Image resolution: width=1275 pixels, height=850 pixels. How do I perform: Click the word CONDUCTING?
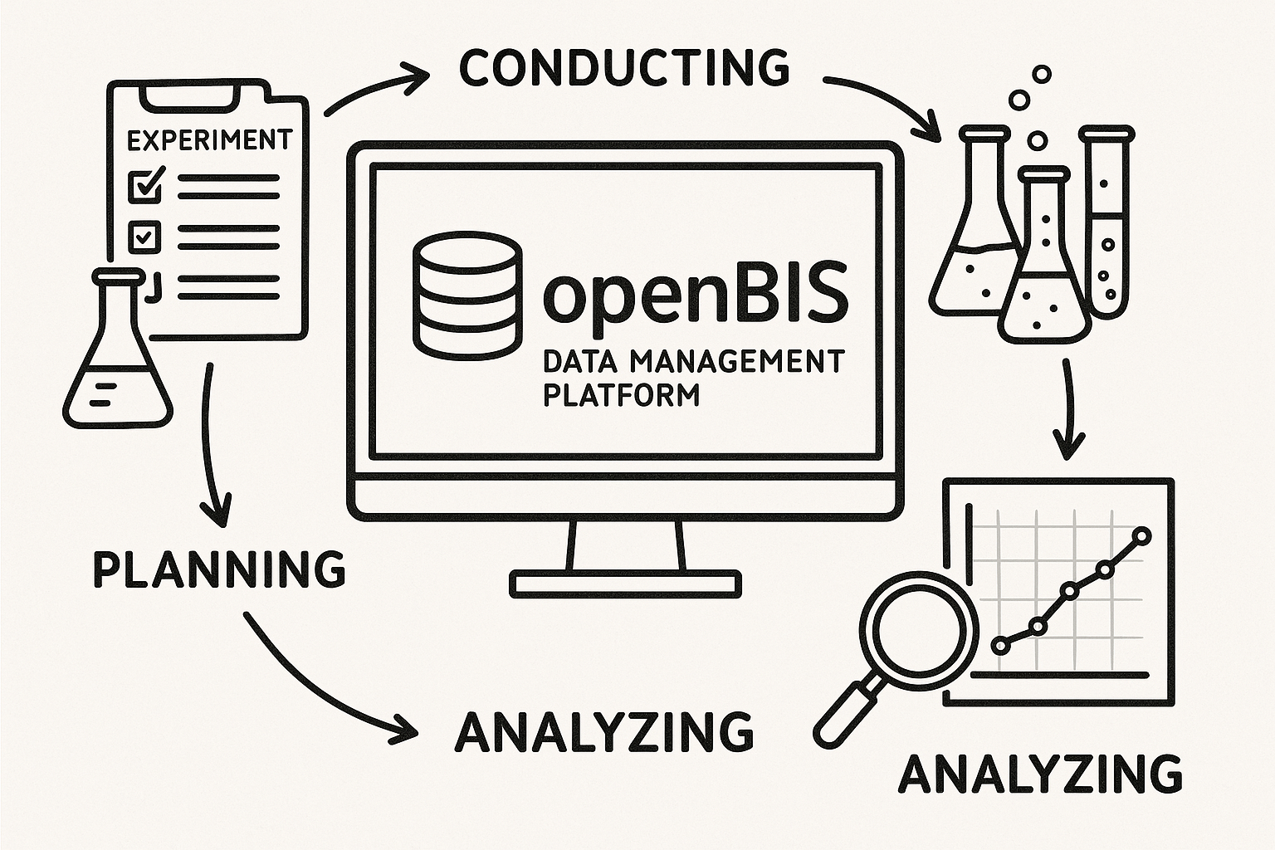click(623, 67)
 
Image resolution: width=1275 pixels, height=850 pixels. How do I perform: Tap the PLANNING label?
click(218, 569)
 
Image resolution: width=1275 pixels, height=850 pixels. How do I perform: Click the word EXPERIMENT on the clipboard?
click(209, 139)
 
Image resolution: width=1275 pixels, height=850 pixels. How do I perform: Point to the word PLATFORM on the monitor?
click(621, 394)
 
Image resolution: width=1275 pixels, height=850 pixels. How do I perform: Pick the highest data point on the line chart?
click(1142, 536)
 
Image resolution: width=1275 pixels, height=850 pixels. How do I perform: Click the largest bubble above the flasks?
click(1020, 100)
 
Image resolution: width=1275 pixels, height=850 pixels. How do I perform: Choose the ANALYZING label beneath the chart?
click(1041, 774)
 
